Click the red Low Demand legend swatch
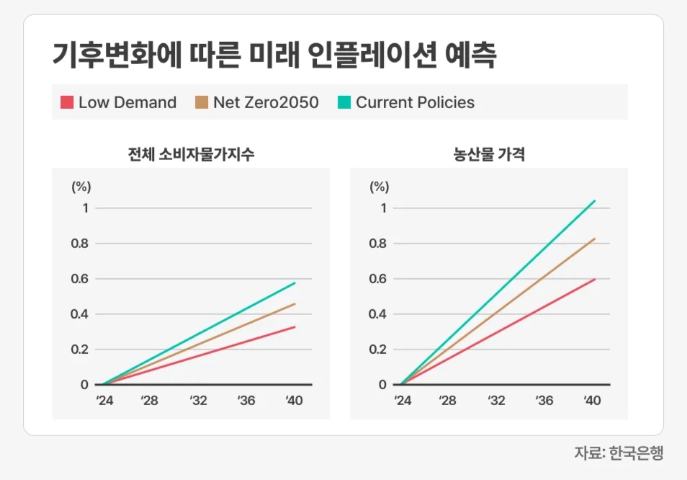68,102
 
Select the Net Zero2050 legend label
266,102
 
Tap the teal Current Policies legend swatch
344,102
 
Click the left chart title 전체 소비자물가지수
191,154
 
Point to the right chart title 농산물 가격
488,154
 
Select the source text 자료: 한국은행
618,453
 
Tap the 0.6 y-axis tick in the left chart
80,279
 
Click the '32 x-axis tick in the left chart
198,401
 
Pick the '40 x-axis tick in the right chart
592,401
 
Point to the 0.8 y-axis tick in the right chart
378,244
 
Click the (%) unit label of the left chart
81,187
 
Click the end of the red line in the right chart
595,279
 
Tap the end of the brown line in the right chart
595,239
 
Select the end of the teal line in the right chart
595,200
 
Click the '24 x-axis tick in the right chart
403,401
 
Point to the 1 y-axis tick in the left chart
84,208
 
